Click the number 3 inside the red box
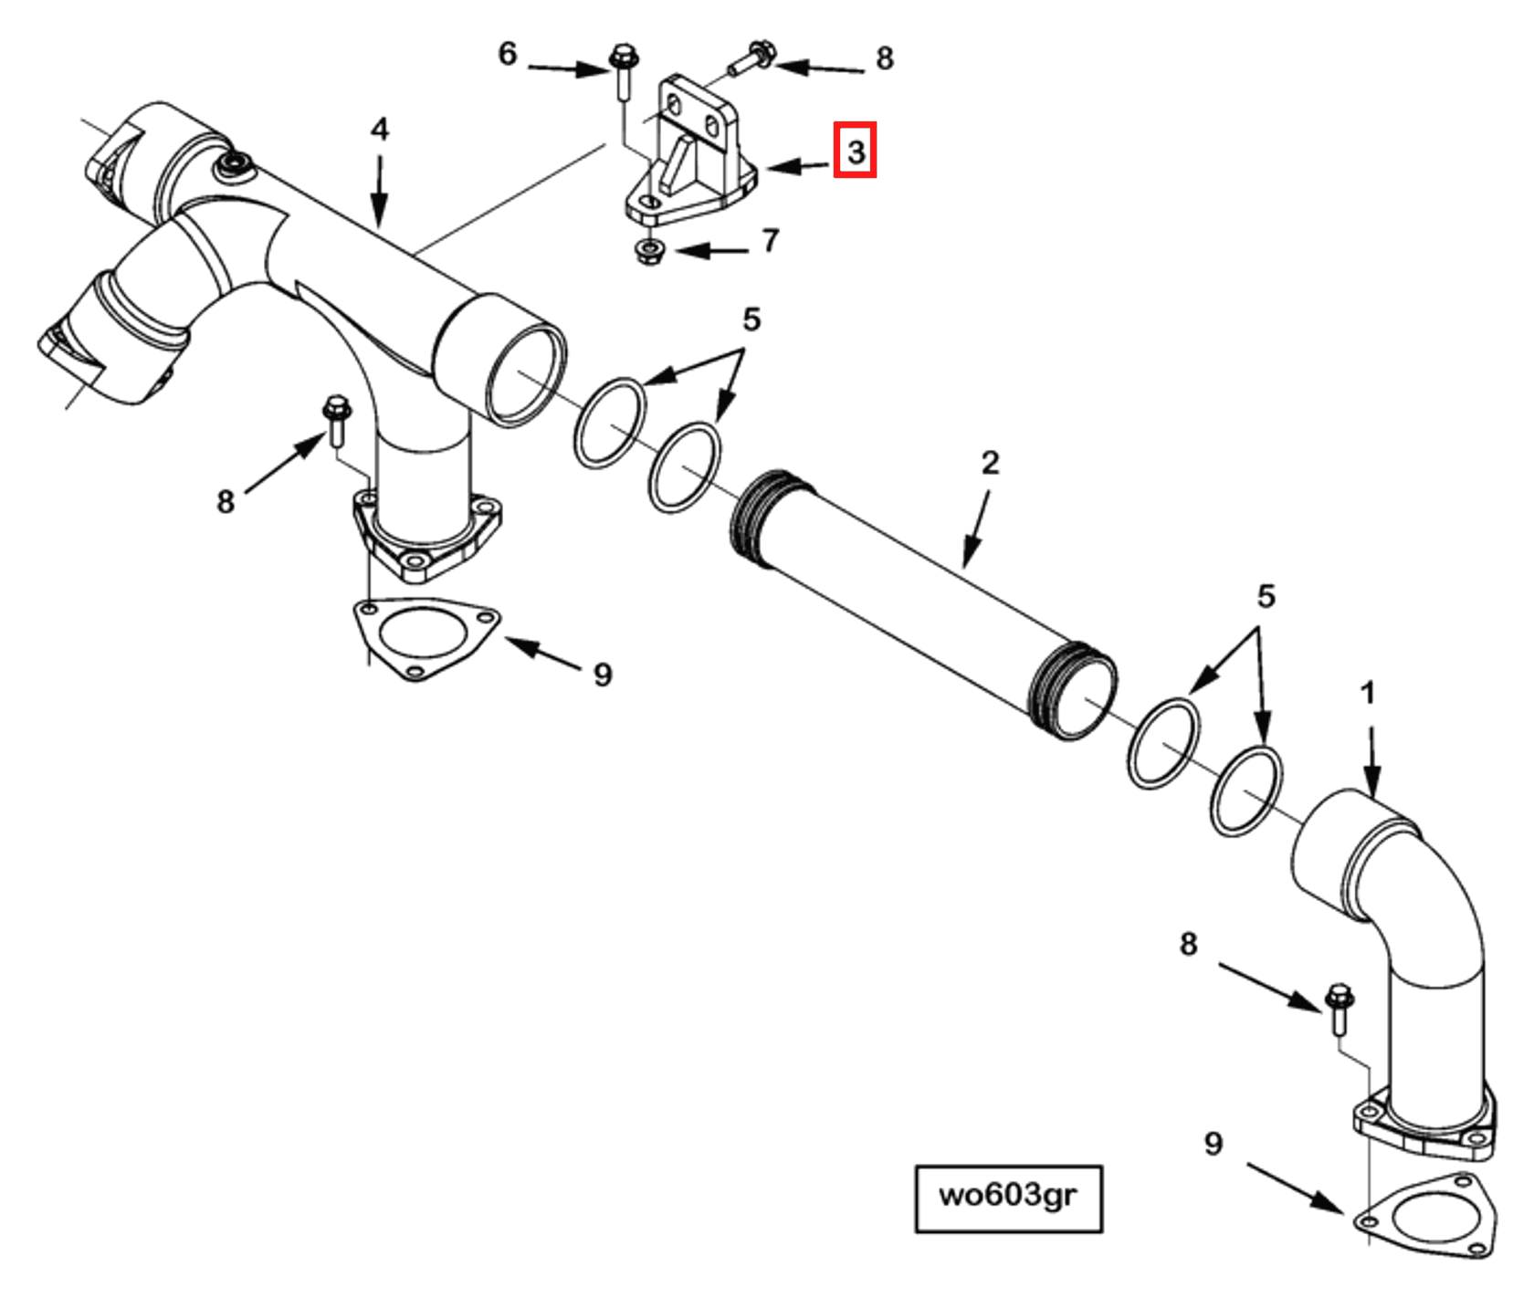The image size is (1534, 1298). tap(855, 151)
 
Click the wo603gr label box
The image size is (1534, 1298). tap(1008, 1198)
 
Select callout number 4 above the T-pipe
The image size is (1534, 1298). tap(380, 130)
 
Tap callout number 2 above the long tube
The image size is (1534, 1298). tap(991, 463)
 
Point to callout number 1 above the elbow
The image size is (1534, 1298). tap(1367, 693)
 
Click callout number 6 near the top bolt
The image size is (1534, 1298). tap(508, 54)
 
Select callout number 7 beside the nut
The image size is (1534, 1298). tap(771, 240)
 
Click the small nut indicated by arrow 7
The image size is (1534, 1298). tap(648, 251)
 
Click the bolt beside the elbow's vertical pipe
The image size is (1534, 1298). tap(1340, 1008)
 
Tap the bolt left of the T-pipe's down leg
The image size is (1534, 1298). tap(337, 420)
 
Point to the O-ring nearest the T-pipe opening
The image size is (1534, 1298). tap(610, 423)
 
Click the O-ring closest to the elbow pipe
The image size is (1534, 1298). tap(1246, 790)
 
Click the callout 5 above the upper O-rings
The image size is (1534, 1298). tap(751, 319)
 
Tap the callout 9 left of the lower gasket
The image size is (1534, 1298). tap(1213, 1143)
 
